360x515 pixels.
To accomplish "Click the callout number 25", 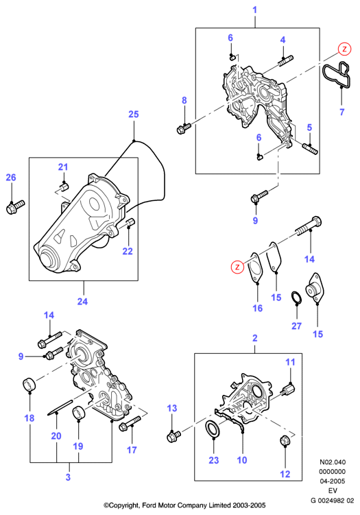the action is tap(133, 115).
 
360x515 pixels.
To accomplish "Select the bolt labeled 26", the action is tap(15, 207).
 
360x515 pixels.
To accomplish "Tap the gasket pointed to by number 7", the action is tap(336, 75).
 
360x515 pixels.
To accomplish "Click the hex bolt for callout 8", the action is tap(183, 128).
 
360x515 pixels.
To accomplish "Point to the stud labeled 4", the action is tap(286, 61).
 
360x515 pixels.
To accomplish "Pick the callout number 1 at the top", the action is tap(254, 10).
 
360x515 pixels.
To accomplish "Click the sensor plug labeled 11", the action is tap(288, 390).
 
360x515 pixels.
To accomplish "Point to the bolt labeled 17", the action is tap(130, 422).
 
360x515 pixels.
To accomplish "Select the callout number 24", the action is tap(82, 301).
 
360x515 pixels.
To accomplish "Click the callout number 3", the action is tap(68, 477).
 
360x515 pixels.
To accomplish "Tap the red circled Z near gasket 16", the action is tap(237, 267).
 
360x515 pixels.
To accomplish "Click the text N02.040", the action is tap(333, 462).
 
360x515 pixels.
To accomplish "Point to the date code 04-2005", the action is tap(333, 481).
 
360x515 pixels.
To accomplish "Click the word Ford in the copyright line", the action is tap(149, 505).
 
